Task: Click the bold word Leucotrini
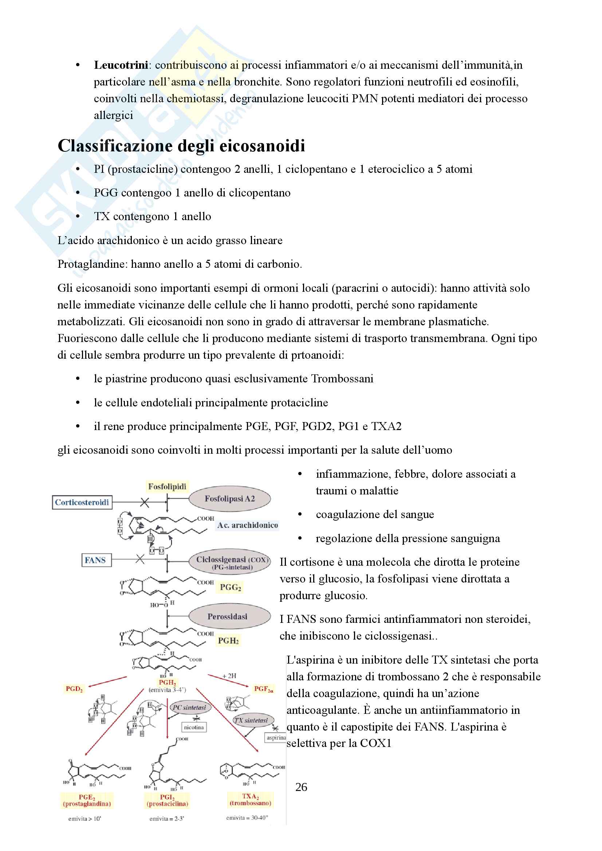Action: [x=121, y=65]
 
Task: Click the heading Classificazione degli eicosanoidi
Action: [x=181, y=146]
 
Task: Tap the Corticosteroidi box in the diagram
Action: [x=82, y=502]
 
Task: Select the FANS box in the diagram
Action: [x=96, y=560]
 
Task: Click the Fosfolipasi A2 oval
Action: [x=229, y=499]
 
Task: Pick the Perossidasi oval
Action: [x=227, y=616]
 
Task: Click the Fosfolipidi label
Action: [x=167, y=487]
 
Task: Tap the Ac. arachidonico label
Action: [x=247, y=525]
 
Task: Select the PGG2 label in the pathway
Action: [x=230, y=587]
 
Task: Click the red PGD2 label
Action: [x=74, y=689]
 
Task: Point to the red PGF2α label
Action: [x=263, y=689]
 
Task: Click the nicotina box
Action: [x=194, y=727]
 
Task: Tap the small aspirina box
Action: [x=276, y=737]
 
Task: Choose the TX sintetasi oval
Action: [x=251, y=720]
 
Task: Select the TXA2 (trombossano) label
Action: [x=250, y=799]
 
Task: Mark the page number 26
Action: [x=301, y=787]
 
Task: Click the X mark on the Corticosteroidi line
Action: [x=145, y=502]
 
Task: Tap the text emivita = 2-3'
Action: [x=167, y=819]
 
